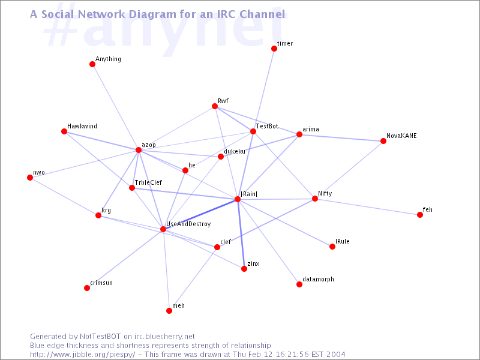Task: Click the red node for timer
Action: [274, 49]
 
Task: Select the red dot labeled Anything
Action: [92, 64]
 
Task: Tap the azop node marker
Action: [139, 150]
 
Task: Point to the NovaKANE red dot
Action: [383, 141]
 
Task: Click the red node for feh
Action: [419, 215]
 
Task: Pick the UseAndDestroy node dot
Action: [163, 229]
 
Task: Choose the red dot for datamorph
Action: [299, 284]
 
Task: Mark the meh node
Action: [169, 311]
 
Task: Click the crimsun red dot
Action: [87, 288]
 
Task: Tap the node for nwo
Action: [30, 178]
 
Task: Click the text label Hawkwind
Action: [82, 126]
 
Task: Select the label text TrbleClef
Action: [148, 182]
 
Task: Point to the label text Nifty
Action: [325, 193]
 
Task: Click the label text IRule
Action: [342, 241]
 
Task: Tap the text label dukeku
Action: [235, 152]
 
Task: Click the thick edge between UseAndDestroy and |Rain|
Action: [200, 214]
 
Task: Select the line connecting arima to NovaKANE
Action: [341, 138]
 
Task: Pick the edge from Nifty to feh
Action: [367, 207]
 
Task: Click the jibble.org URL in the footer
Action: [82, 355]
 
